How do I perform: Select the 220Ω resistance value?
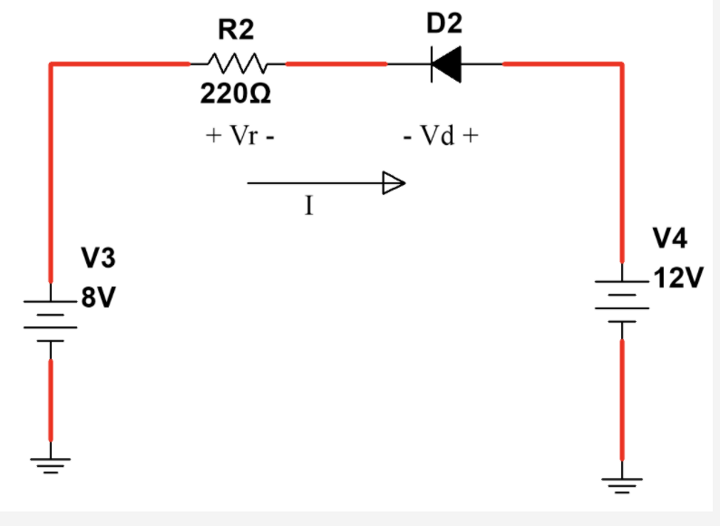click(236, 93)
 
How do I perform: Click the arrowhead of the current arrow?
click(393, 183)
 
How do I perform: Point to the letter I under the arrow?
click(308, 207)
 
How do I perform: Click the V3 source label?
click(98, 259)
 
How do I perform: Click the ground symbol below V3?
click(51, 467)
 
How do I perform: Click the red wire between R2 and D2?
click(336, 63)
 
